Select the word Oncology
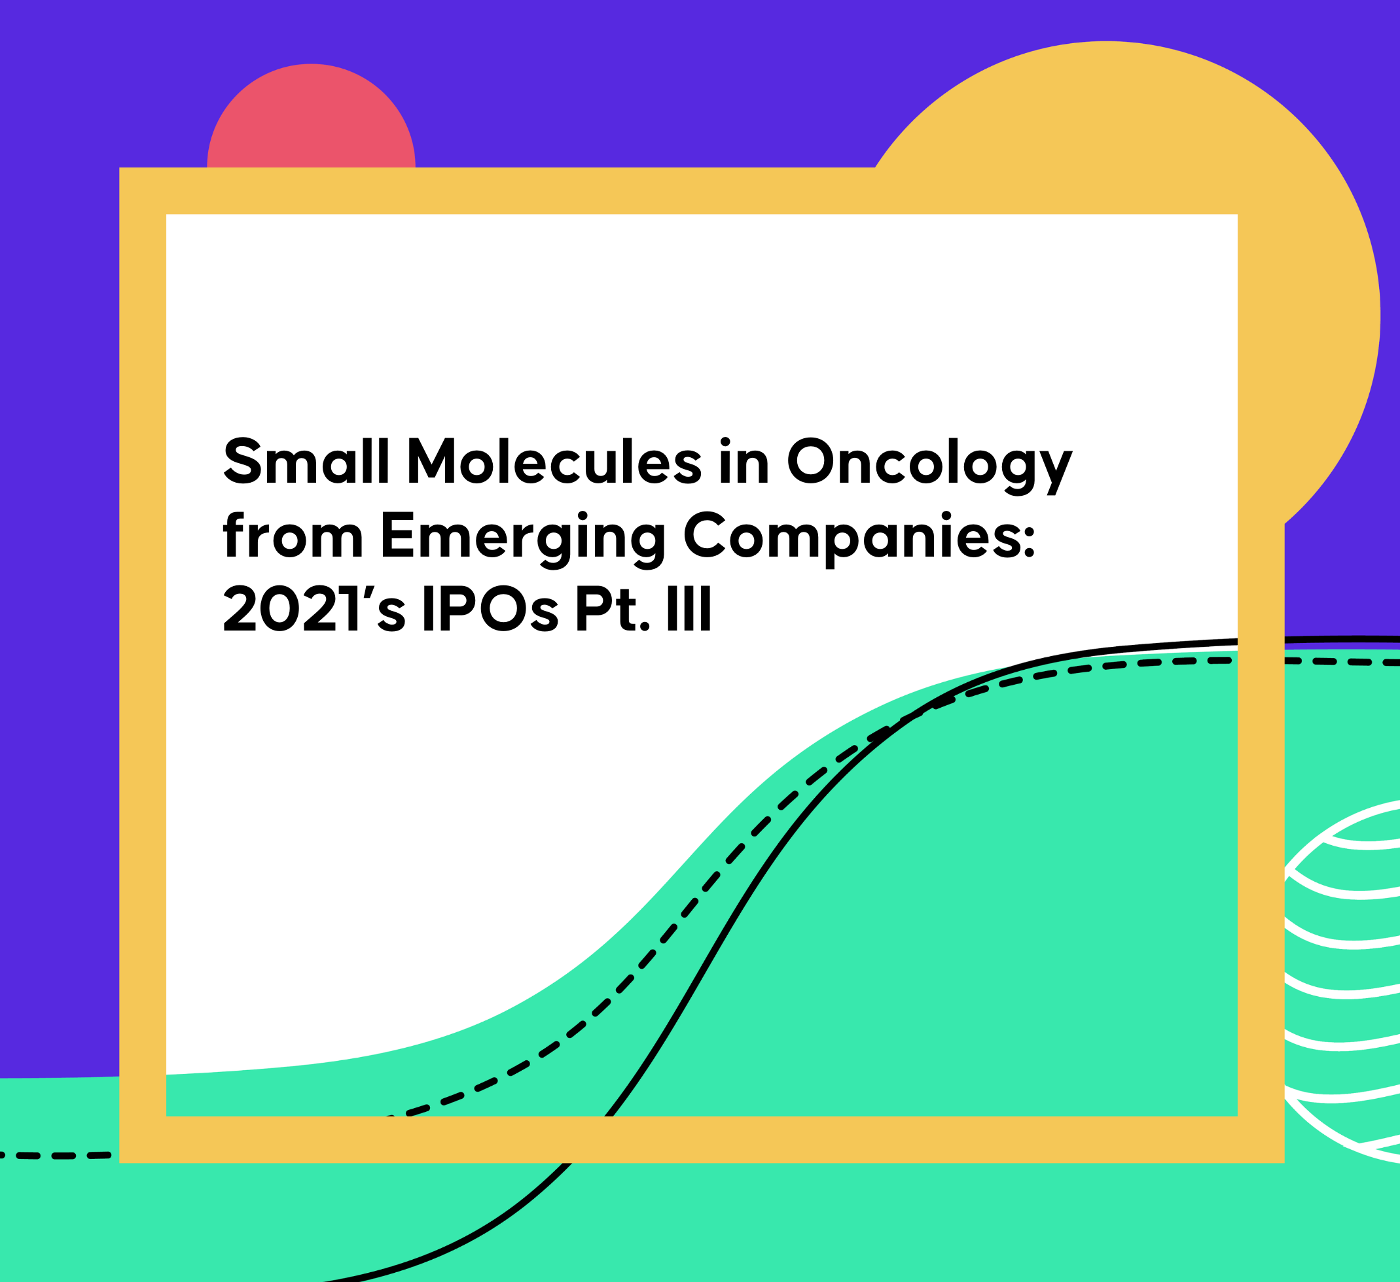929,465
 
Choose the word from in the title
293,534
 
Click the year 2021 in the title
291,609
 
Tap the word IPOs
491,609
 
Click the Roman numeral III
689,609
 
